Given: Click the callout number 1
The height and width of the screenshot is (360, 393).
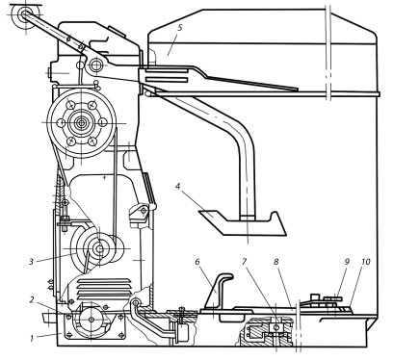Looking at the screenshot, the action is [32, 338].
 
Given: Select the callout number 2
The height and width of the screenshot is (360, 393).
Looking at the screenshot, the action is [32, 299].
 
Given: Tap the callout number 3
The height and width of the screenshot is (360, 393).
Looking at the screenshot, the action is [31, 262].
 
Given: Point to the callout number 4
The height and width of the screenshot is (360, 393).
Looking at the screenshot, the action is [177, 186].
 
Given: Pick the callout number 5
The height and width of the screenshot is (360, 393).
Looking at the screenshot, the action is [179, 28].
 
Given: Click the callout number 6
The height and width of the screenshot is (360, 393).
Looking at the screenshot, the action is [197, 262].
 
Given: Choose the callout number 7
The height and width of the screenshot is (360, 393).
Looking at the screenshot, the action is [244, 262].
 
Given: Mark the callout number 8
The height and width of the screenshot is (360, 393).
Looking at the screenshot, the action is [276, 262].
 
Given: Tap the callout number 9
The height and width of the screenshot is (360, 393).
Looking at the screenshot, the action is [347, 262].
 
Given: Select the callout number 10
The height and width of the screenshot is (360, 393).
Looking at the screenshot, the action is [366, 262].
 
